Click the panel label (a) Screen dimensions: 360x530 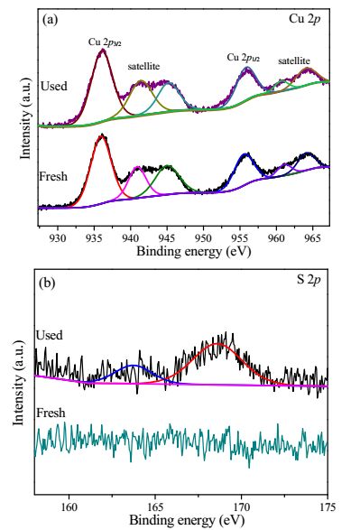click(50, 20)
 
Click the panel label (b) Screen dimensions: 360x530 click(47, 283)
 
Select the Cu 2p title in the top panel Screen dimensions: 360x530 click(304, 19)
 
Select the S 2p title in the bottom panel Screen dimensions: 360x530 click(309, 280)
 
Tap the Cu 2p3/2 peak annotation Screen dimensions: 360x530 click(105, 42)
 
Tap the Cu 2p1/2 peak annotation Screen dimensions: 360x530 click(243, 58)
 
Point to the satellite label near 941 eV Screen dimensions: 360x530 click(143, 66)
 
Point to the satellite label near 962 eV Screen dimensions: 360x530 click(294, 60)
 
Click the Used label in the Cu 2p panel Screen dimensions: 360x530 click(54, 86)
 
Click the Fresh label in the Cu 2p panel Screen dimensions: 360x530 click(53, 176)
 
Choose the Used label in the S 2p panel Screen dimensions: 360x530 click(50, 335)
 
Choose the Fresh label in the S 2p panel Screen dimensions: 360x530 click(51, 413)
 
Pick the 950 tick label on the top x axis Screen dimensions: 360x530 click(203, 237)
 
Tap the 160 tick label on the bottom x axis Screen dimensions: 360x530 click(69, 507)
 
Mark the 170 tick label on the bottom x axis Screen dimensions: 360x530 click(241, 507)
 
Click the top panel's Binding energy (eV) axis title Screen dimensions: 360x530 click(193, 252)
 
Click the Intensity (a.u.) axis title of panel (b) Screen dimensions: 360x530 click(19, 383)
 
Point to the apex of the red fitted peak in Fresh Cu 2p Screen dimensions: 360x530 click(101, 136)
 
